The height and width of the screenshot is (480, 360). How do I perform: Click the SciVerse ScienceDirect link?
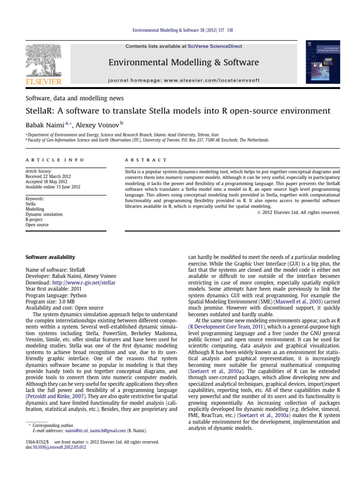[222, 46]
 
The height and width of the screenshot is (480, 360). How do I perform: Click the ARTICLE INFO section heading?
[54, 160]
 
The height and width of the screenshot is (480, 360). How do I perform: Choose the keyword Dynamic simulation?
[44, 214]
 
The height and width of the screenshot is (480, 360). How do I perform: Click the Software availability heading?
[50, 257]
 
